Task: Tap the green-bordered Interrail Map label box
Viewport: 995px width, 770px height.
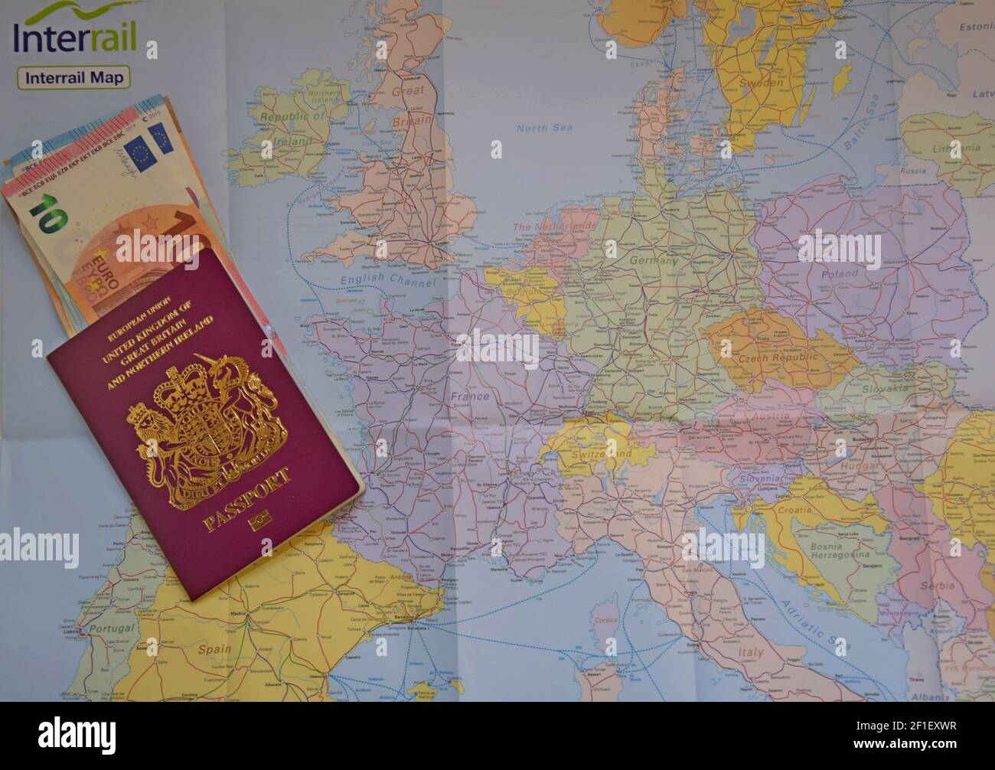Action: pyautogui.click(x=74, y=77)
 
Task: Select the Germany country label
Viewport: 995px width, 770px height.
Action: pyautogui.click(x=654, y=261)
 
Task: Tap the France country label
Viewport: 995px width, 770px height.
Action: pyautogui.click(x=469, y=396)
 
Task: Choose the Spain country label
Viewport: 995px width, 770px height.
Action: pyautogui.click(x=214, y=670)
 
